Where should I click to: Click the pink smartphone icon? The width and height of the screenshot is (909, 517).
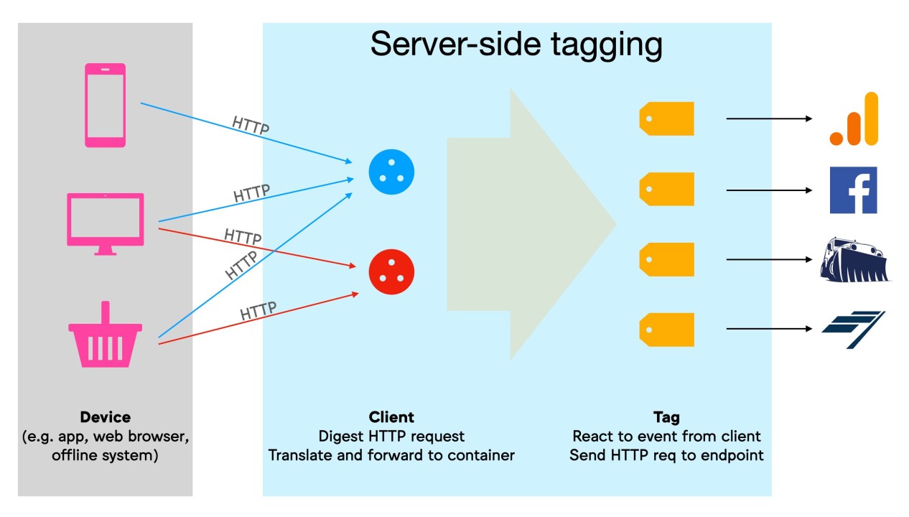(105, 105)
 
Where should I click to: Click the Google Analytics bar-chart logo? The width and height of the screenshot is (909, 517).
(854, 119)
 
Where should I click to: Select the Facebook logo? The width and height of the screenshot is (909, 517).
(853, 190)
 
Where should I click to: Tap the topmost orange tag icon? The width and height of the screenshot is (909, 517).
(666, 118)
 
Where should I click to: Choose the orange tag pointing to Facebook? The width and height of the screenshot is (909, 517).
(666, 189)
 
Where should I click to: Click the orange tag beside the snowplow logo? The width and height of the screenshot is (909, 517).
(666, 259)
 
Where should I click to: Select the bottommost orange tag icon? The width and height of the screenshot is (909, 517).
(666, 329)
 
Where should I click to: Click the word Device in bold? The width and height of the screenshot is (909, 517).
(106, 417)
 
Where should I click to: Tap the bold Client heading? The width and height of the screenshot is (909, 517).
(391, 417)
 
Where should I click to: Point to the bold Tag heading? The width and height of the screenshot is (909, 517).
(666, 417)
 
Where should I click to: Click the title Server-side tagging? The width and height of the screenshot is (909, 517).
(516, 45)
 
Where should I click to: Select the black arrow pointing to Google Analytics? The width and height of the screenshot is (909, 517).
(769, 118)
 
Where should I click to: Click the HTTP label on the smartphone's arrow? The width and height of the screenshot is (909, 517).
(251, 126)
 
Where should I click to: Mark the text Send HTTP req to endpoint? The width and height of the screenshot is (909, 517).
(666, 455)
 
